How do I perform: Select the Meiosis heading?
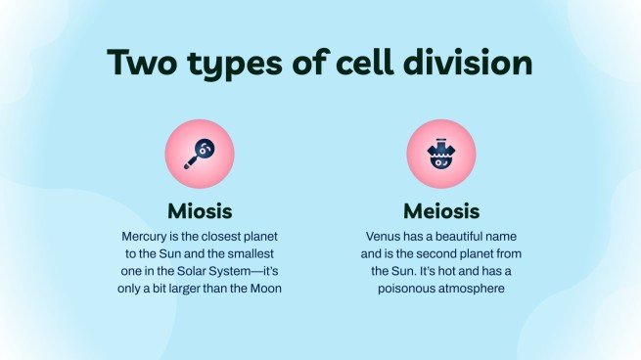(440, 211)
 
